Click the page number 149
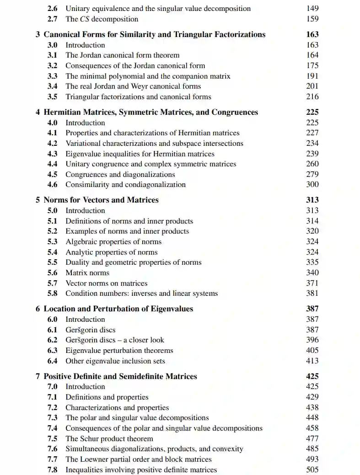tap(312, 8)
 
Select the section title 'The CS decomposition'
tap(102, 19)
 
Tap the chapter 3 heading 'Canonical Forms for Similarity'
tap(154, 34)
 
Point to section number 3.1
tap(52, 55)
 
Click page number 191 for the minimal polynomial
tap(312, 76)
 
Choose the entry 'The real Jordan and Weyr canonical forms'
tap(133, 86)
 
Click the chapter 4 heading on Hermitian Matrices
tap(150, 112)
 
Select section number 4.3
tap(52, 154)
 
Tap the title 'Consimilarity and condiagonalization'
tap(125, 185)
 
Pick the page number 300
tap(312, 184)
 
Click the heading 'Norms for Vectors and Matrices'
tap(101, 200)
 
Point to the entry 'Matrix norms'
tap(87, 272)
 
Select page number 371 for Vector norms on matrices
tap(312, 283)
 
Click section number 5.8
tap(52, 294)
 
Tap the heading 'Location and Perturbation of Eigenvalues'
tap(118, 309)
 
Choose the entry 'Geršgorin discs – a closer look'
tap(114, 340)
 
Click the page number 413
tap(312, 361)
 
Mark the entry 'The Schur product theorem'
tap(109, 438)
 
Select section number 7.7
tap(52, 459)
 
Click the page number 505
tap(312, 470)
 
